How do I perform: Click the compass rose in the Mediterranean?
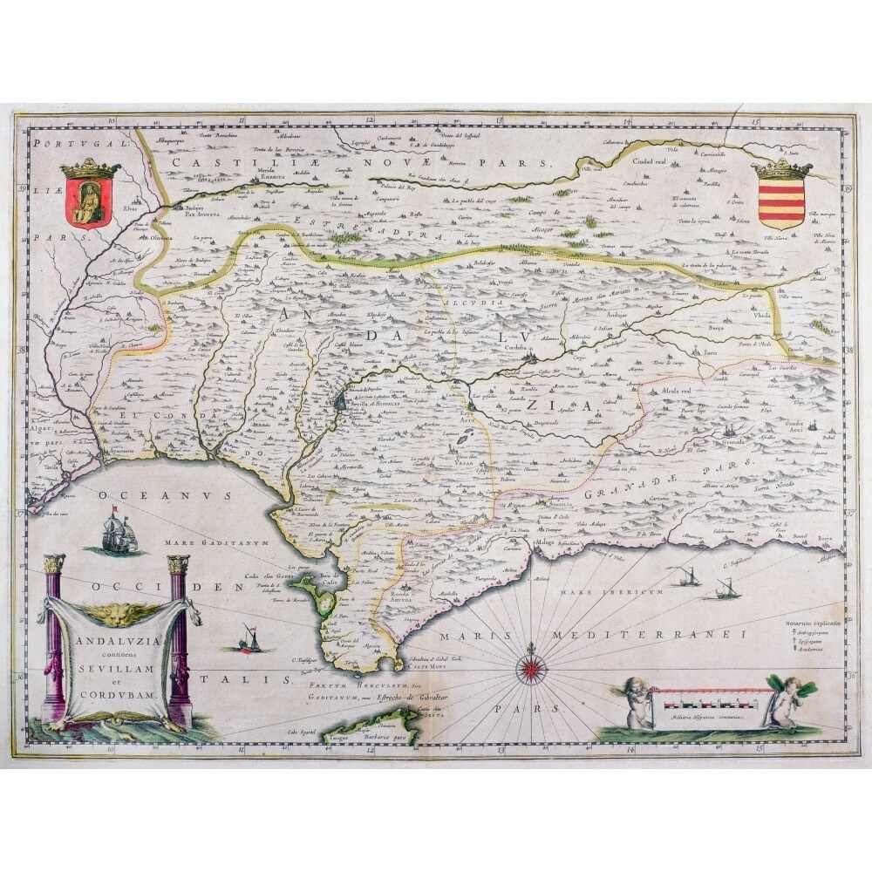tap(528, 670)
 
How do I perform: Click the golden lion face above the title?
tap(118, 615)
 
